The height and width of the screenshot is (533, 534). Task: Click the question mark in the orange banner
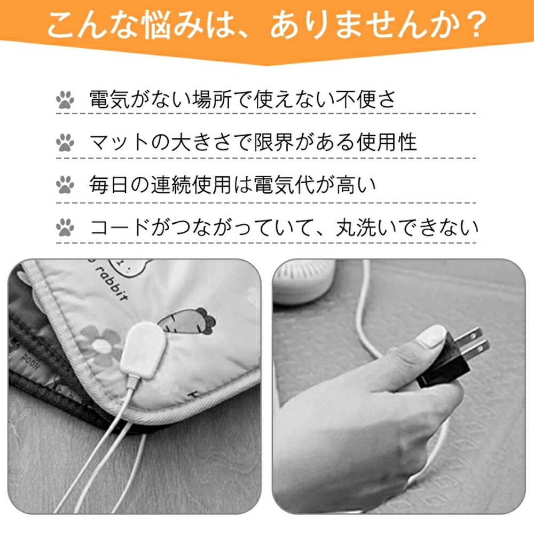click(x=474, y=25)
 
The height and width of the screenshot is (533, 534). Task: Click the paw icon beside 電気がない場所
click(x=65, y=99)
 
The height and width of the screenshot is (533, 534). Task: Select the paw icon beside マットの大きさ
click(x=65, y=143)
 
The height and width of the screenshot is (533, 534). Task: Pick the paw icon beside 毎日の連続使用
click(x=65, y=185)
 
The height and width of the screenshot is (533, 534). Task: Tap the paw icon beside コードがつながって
click(x=65, y=228)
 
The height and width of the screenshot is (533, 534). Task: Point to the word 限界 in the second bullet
click(x=274, y=142)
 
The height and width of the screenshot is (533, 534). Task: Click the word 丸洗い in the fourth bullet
click(x=366, y=228)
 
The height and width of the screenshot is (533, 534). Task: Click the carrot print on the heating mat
click(x=187, y=321)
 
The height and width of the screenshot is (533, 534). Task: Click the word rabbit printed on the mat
click(x=112, y=284)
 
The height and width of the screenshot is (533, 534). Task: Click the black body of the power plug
click(x=443, y=362)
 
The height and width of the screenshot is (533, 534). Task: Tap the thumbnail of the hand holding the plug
click(x=429, y=344)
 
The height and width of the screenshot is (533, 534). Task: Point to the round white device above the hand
click(x=304, y=281)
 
